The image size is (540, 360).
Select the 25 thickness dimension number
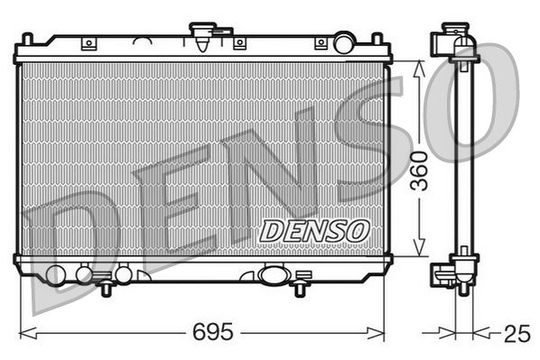516,334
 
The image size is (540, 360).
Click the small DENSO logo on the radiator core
314,231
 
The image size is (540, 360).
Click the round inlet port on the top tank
344,42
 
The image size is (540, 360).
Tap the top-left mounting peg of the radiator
27,40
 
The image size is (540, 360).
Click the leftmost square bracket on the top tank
88,43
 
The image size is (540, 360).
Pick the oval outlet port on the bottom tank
272,274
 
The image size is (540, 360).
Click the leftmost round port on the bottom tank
56,275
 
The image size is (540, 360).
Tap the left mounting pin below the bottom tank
107,288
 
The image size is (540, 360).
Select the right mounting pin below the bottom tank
299,288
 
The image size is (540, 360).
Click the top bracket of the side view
453,42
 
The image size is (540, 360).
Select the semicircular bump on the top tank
144,42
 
